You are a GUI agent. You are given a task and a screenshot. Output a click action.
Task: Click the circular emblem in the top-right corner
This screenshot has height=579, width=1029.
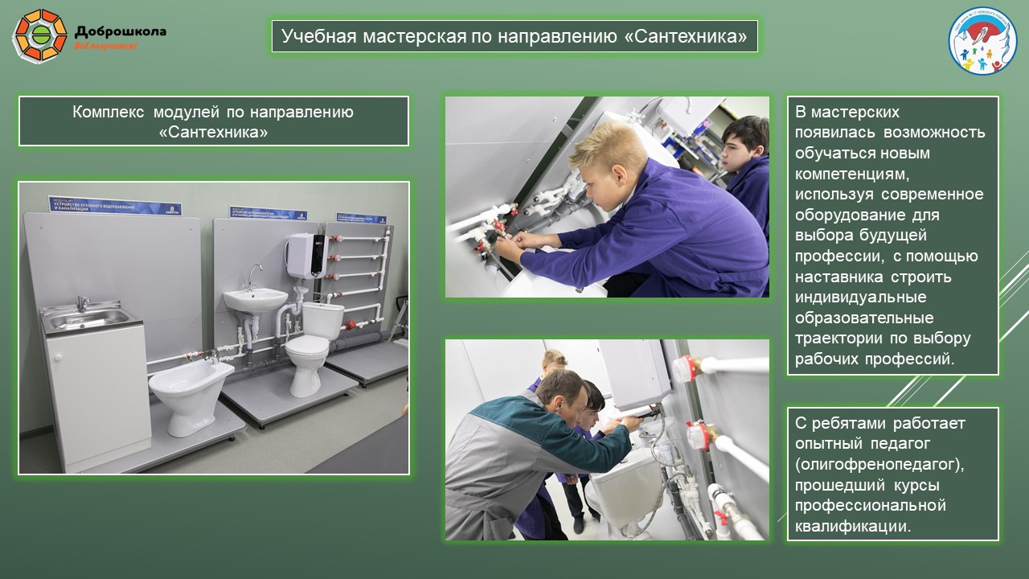[x=982, y=41]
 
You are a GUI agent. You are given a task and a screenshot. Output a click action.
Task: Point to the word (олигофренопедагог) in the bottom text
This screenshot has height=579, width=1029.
[x=879, y=465]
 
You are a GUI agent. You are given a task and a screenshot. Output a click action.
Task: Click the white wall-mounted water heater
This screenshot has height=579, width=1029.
[x=305, y=254]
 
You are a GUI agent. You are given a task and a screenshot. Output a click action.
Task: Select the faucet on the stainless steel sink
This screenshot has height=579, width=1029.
[x=81, y=303]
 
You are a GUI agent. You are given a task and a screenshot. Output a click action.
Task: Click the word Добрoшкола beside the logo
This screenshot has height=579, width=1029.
[x=121, y=32]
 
